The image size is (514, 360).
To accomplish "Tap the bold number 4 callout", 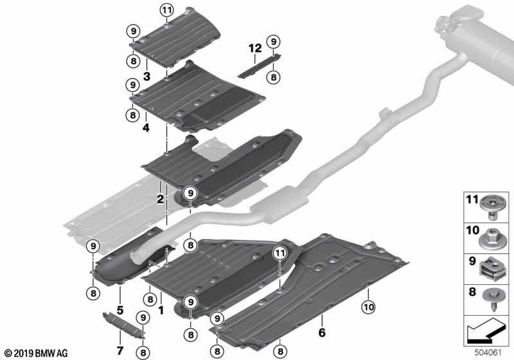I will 147,127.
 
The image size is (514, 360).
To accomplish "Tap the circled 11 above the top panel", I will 167,10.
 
